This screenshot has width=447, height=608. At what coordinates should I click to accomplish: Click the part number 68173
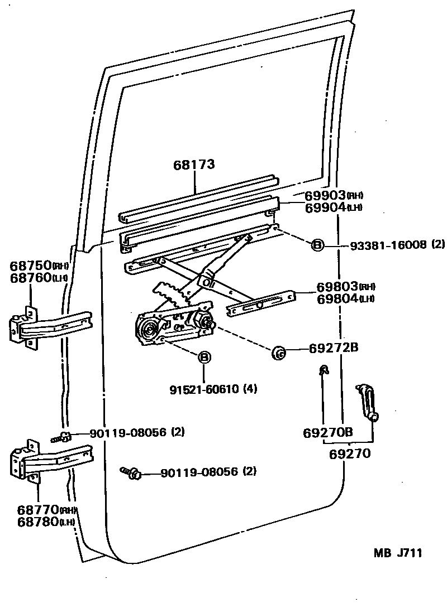coord(194,165)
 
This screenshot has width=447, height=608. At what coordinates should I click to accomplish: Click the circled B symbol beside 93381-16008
coord(317,244)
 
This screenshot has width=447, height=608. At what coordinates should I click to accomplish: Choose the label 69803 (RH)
coord(337,287)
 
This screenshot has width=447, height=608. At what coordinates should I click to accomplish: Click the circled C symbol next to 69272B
coord(278,353)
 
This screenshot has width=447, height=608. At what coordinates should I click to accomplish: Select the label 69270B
coord(328,432)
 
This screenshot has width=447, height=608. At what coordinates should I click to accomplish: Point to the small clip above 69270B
coord(323,370)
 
